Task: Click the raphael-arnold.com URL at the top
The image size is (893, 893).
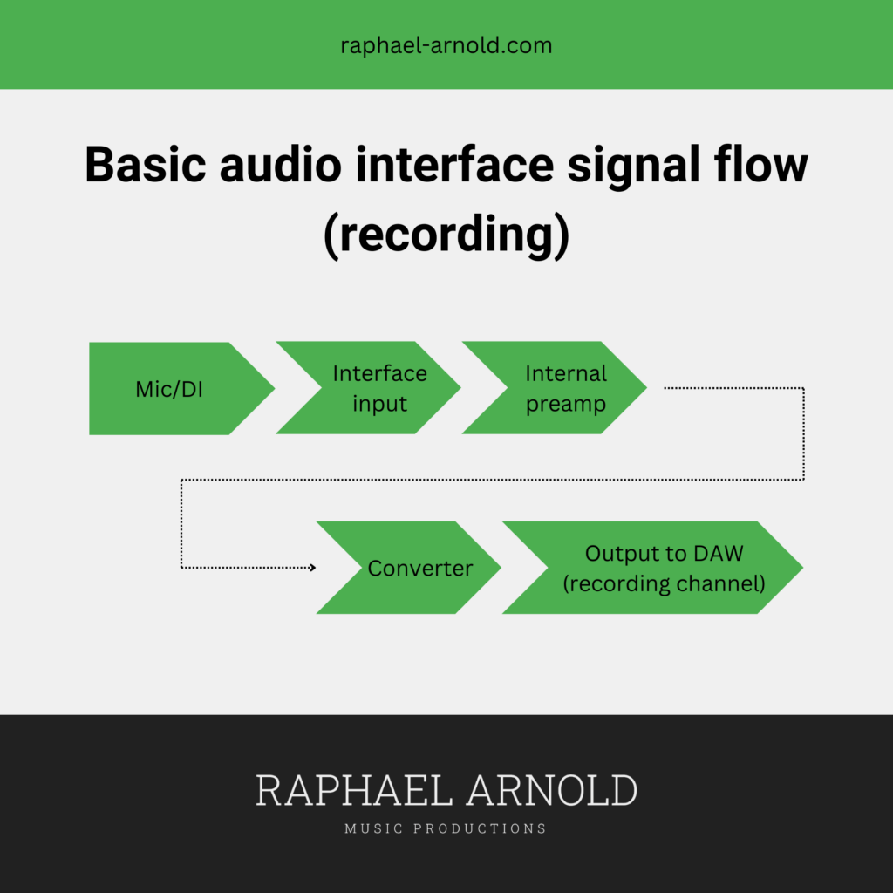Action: pos(446,45)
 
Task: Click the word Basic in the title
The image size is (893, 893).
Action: pos(146,165)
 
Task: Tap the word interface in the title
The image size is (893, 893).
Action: pos(454,165)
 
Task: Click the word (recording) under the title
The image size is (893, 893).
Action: pos(446,235)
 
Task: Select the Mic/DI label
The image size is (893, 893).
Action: pos(169,390)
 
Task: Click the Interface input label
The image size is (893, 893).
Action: pos(380,388)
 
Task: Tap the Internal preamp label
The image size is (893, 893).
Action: pos(566,389)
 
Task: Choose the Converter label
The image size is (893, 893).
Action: pos(420,569)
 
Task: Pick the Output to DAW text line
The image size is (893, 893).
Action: pos(664,554)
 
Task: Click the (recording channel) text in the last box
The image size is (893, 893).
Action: pos(664,583)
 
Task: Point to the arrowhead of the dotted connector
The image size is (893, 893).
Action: pos(313,567)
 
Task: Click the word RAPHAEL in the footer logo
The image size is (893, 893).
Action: pos(354,790)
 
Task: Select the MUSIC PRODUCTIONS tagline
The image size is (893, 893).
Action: pos(446,828)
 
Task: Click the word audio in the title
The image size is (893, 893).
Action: pos(281,165)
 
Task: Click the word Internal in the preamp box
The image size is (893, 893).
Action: pos(566,373)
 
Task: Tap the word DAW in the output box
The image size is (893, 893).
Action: pos(719,554)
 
